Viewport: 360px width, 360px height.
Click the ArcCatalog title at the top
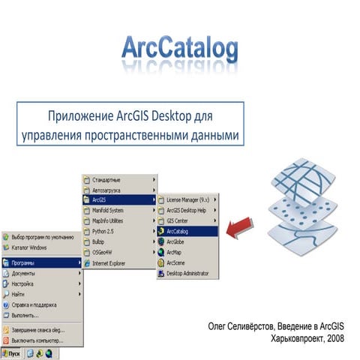[x=180, y=49]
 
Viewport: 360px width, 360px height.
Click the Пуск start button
[x=11, y=351]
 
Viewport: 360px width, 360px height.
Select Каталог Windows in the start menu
[x=29, y=247]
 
